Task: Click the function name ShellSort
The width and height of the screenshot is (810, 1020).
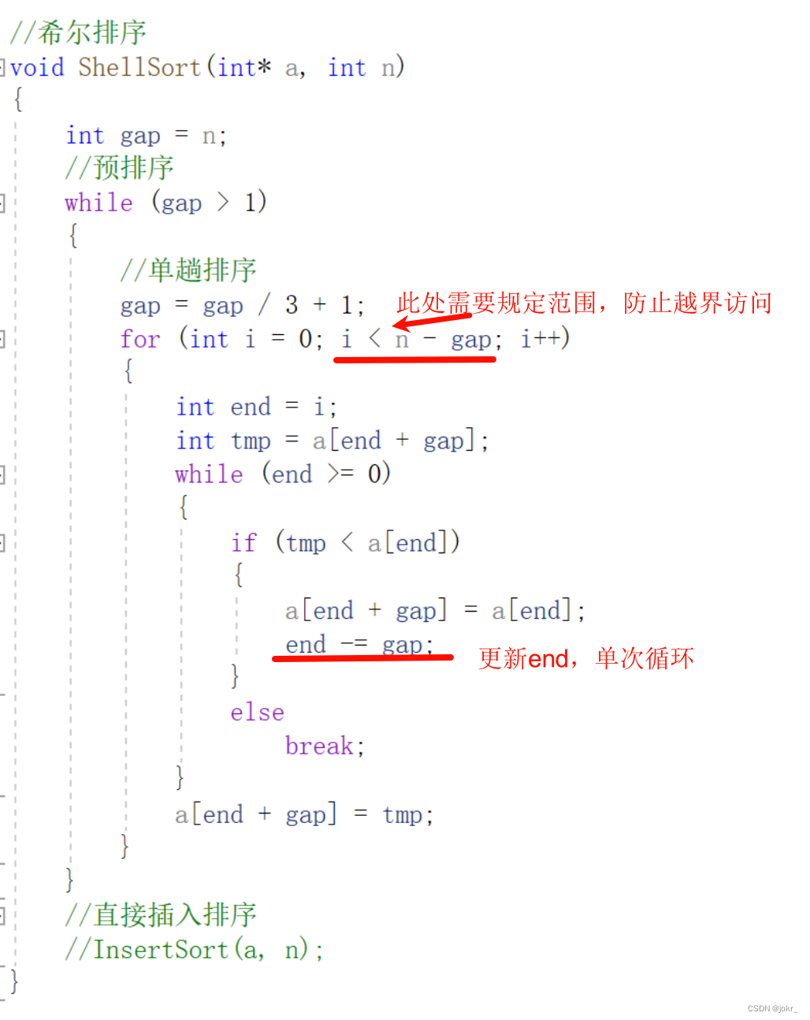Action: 139,68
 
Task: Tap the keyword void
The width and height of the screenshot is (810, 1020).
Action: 37,68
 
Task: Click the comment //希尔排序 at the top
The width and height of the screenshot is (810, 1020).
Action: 78,33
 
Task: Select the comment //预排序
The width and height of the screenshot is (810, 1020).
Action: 119,168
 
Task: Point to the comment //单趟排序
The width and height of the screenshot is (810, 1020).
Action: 188,270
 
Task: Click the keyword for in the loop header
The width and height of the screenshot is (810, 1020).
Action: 140,339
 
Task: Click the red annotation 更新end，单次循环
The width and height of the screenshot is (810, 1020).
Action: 586,658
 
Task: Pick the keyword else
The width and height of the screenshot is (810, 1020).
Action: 257,713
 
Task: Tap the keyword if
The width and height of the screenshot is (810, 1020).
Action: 243,542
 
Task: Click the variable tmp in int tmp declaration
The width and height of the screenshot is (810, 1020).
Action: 251,441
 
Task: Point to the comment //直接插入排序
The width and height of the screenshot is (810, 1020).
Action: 161,914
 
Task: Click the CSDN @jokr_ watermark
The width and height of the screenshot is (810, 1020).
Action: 772,1008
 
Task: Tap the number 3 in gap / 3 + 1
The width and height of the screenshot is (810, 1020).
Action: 292,305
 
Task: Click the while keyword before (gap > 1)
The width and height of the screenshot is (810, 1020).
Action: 98,203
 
